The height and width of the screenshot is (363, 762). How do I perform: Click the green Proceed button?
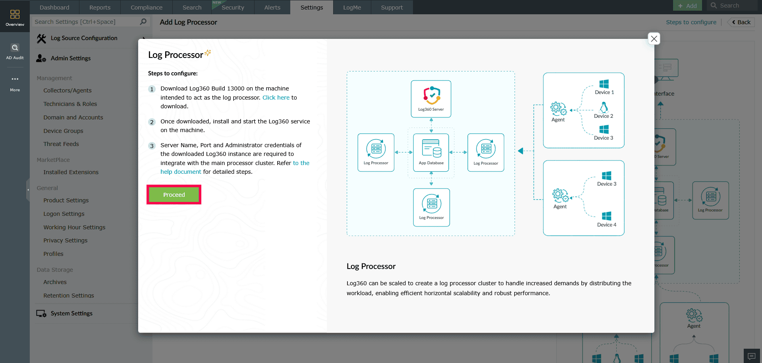pos(174,195)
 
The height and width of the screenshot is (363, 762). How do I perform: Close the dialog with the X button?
pos(654,38)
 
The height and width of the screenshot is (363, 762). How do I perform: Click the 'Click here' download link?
pos(276,98)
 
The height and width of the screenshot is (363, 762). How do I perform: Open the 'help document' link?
pos(181,172)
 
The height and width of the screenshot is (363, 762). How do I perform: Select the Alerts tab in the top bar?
pos(272,8)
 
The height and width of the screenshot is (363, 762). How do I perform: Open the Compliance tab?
pos(147,8)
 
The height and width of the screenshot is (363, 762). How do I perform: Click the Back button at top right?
pos(741,22)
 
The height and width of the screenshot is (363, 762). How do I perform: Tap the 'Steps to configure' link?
pos(691,22)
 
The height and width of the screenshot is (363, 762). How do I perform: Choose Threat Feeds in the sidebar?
pos(61,144)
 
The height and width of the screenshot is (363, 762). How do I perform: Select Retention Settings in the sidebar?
pos(69,296)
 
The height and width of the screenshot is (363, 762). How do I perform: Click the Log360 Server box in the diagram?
pos(431,99)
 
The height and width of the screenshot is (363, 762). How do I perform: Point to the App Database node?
pos(431,152)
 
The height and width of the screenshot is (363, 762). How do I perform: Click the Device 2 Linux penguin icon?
pos(604,108)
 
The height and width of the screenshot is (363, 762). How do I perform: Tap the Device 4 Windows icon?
pos(606,216)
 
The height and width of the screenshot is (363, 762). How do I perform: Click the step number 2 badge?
pos(152,122)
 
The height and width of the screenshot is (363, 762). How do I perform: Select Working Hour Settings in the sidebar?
pos(74,227)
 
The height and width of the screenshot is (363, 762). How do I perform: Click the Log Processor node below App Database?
pos(431,207)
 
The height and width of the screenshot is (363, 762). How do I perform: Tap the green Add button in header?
pos(687,6)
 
